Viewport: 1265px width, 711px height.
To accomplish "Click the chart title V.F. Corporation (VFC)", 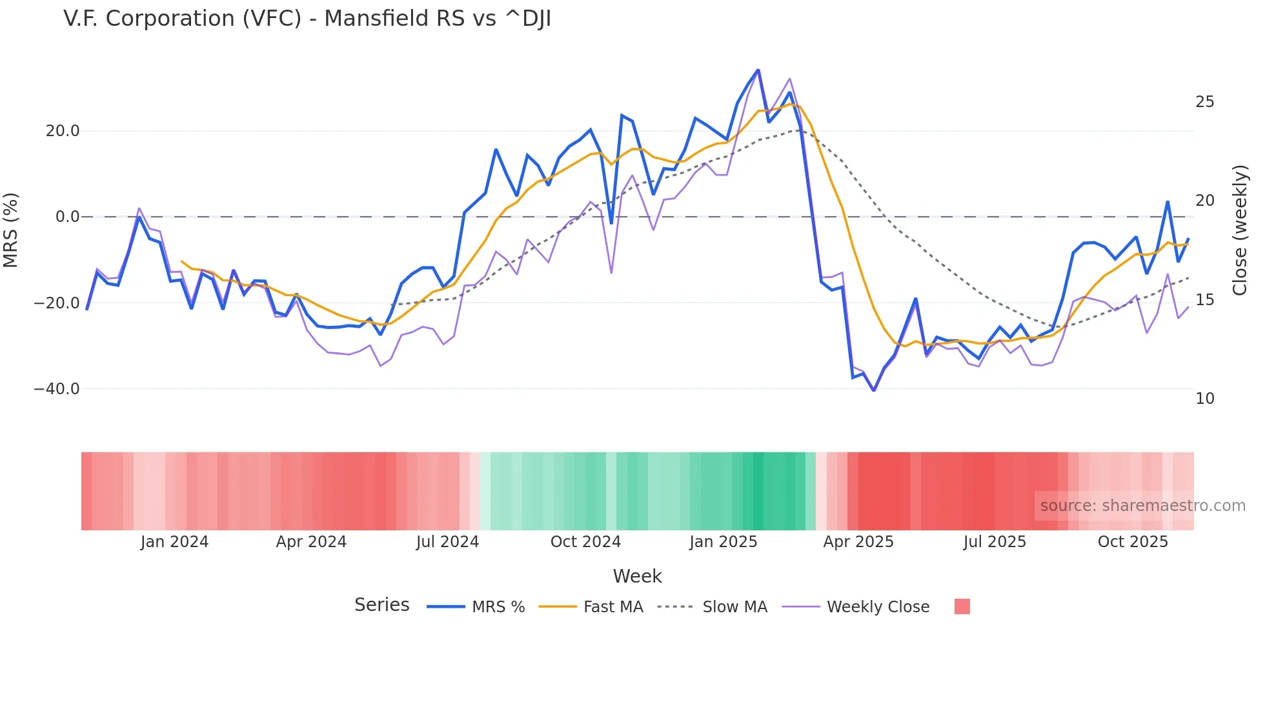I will (x=307, y=19).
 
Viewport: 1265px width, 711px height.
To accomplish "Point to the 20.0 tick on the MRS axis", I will (x=63, y=131).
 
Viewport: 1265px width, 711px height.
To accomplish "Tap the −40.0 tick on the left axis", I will (x=57, y=389).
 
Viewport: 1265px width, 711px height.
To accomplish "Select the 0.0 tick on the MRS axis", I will (x=67, y=217).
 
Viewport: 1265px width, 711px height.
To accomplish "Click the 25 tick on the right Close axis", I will (x=1204, y=102).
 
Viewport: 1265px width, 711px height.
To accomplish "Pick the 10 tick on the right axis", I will (x=1204, y=399).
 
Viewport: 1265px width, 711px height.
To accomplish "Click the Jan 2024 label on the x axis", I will (x=174, y=542).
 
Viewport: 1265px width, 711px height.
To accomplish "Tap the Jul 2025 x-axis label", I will (x=995, y=542).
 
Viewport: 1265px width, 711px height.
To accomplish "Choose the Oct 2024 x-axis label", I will (x=585, y=542).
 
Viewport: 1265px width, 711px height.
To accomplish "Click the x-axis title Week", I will (x=637, y=576).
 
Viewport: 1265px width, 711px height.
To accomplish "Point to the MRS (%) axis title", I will (x=11, y=230).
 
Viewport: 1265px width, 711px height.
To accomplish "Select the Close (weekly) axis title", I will (x=1239, y=230).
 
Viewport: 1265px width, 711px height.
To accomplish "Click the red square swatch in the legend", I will (x=962, y=606).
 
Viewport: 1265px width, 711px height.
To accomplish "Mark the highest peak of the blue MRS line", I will (x=758, y=70).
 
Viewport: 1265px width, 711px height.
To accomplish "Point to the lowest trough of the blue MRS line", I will (x=873, y=390).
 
